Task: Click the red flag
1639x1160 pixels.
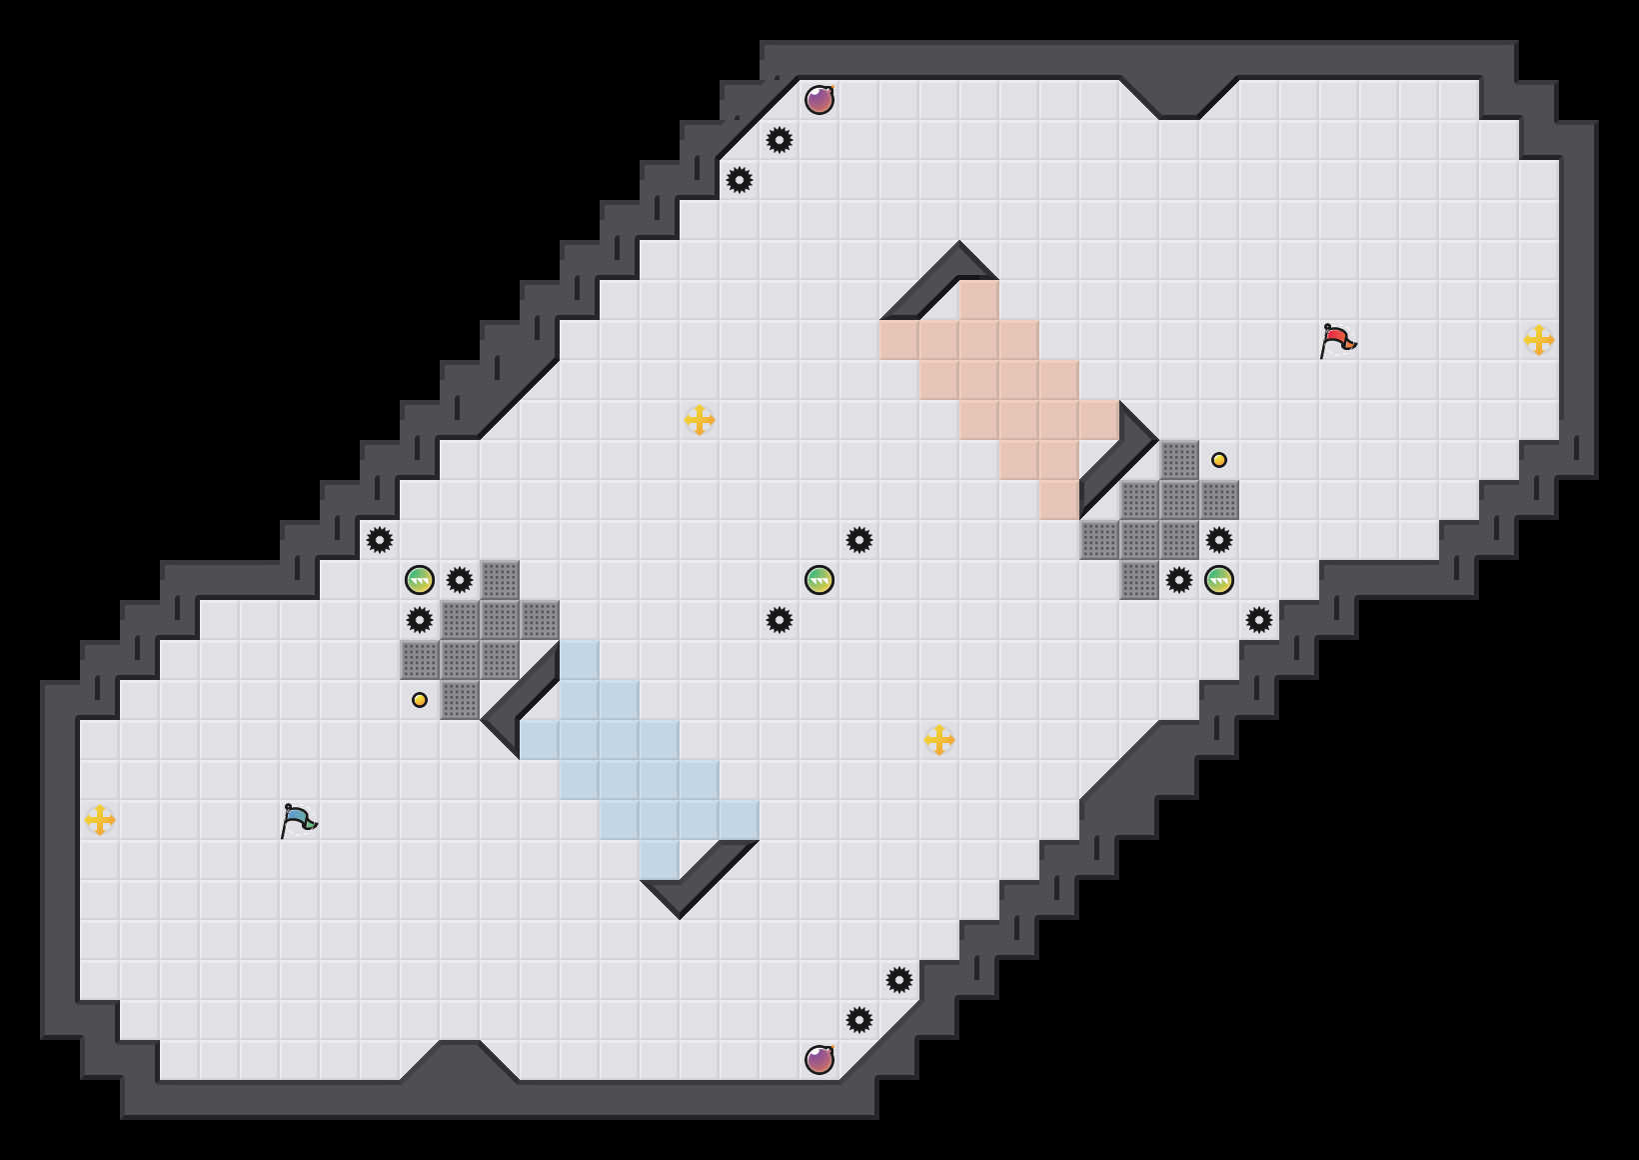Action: click(1337, 340)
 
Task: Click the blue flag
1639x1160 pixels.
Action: click(298, 820)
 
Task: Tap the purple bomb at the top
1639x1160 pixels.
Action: click(819, 100)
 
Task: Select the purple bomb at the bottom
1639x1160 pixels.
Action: click(819, 1059)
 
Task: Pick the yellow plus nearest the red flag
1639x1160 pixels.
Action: click(1539, 340)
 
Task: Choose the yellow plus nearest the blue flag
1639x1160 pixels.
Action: click(100, 820)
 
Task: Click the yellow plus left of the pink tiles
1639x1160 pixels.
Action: click(700, 420)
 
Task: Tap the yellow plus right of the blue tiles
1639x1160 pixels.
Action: click(939, 740)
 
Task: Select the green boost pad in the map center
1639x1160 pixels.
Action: click(819, 580)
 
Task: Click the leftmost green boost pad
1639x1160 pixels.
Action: click(420, 580)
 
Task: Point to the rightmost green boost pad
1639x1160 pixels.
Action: click(1219, 580)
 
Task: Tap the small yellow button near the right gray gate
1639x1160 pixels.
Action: click(1219, 460)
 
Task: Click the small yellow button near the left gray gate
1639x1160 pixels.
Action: click(420, 700)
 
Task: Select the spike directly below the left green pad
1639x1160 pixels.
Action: click(420, 620)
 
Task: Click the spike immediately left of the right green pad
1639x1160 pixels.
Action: click(1179, 580)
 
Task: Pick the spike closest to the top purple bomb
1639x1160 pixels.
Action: click(780, 140)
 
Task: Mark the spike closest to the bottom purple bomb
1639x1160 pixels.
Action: click(859, 1020)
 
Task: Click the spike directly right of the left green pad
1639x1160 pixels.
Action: click(460, 580)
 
